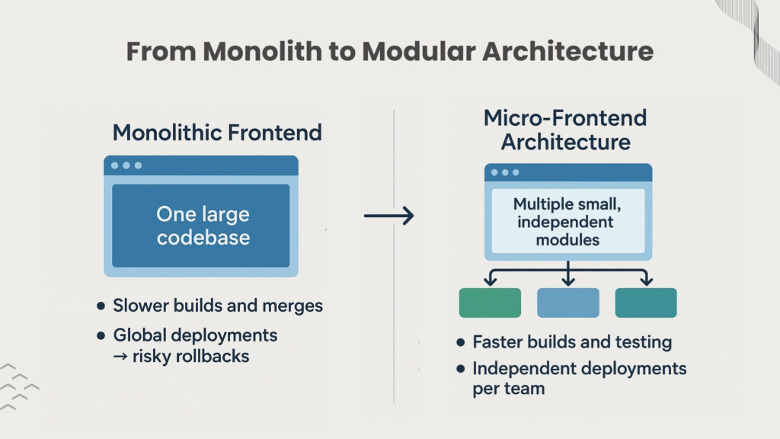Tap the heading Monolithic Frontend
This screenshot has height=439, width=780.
217,133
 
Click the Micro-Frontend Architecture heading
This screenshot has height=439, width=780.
565,130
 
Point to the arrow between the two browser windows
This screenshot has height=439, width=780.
388,216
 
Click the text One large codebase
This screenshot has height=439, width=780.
202,226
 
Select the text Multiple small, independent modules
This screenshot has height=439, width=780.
567,222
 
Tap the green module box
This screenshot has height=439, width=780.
490,303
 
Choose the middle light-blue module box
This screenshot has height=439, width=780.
567,303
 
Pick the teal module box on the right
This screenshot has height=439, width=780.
646,303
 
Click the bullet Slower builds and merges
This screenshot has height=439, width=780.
218,306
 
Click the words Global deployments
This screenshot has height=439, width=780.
195,335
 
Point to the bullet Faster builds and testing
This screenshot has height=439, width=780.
571,342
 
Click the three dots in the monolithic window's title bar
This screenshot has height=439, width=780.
126,165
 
